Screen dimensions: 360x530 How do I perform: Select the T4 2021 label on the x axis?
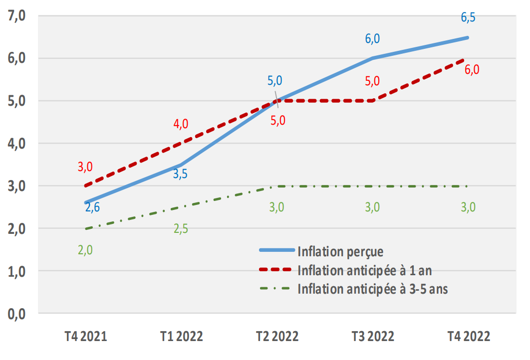(x=86, y=336)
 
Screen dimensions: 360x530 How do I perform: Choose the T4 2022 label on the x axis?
(x=468, y=336)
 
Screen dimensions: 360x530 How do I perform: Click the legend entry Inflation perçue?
(x=340, y=251)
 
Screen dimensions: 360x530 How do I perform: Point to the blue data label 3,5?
(x=180, y=174)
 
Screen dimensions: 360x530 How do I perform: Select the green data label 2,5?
(x=181, y=229)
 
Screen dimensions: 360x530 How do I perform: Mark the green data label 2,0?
(x=85, y=250)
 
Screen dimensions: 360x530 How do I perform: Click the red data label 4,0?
(x=181, y=124)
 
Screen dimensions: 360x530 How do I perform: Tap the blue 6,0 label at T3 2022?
(x=372, y=39)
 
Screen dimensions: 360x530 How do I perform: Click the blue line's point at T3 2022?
(x=372, y=58)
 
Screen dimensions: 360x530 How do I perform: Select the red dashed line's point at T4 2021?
(x=86, y=186)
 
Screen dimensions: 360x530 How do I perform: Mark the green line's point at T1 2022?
(x=181, y=207)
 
